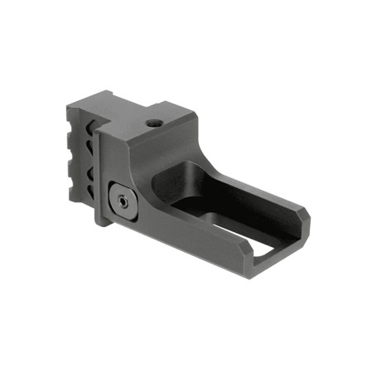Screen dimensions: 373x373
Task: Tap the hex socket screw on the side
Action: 123,200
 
